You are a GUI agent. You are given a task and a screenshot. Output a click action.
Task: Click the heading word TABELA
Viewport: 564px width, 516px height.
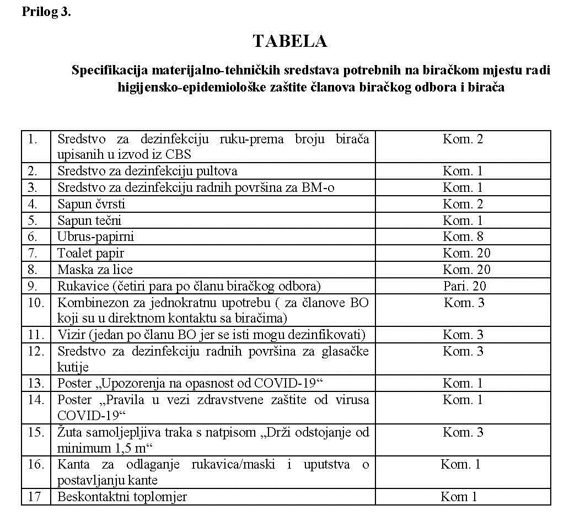[x=289, y=41]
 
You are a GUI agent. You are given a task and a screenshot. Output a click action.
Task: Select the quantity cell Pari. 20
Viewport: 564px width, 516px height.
[x=464, y=286]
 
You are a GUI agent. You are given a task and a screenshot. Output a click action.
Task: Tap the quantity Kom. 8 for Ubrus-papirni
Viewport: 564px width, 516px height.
[x=463, y=237]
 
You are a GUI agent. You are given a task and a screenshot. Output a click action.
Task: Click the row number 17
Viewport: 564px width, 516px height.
[x=34, y=497]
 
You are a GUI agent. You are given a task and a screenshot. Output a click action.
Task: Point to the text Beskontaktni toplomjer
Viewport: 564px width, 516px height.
[x=122, y=497]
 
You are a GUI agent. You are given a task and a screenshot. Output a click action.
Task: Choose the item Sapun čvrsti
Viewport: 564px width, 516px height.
[x=91, y=205]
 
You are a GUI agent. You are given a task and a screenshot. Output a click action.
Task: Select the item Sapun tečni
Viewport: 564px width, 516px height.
[x=89, y=221]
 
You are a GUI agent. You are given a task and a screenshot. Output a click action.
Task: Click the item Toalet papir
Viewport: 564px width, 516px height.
[x=90, y=254]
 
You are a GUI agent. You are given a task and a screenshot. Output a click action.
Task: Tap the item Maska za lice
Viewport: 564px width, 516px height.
[x=95, y=270]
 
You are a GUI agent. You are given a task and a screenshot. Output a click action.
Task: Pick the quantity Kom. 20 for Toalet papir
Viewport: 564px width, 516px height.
[x=466, y=254]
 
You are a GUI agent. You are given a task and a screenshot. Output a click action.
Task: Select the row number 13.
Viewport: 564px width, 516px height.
[x=36, y=383]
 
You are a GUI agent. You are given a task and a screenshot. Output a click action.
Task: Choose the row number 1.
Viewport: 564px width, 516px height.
[x=33, y=139]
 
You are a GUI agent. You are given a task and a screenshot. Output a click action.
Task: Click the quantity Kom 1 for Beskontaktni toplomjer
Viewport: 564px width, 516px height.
[x=459, y=497]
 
